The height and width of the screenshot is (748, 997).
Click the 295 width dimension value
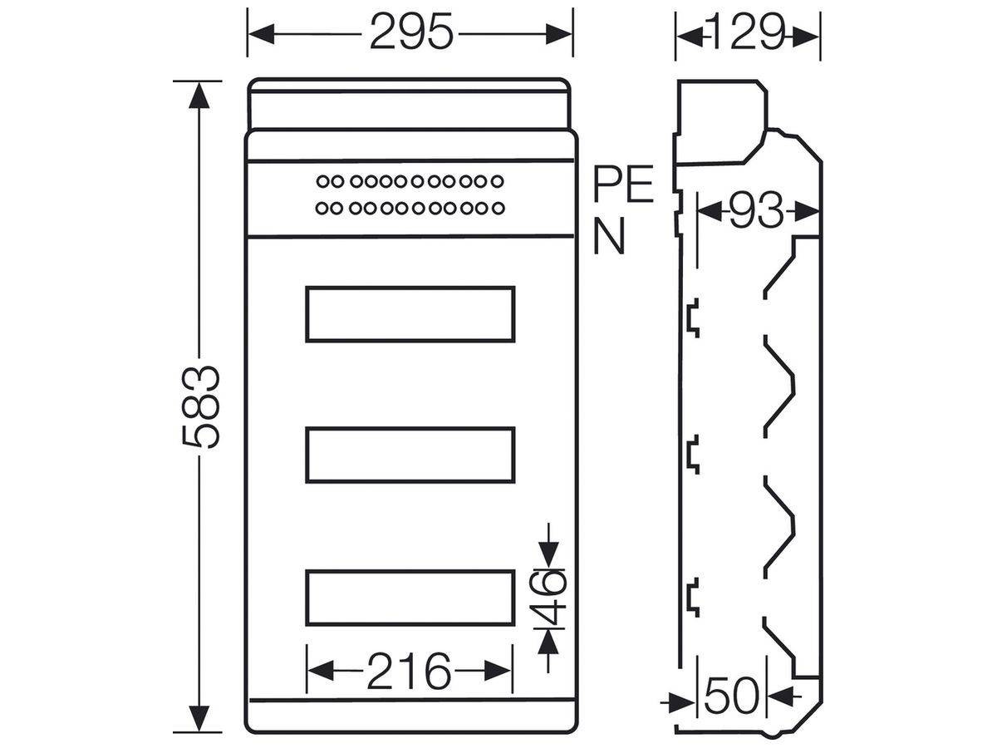pos(411,32)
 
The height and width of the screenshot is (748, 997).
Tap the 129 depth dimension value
pos(747,32)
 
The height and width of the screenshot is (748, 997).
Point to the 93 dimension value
pos(756,210)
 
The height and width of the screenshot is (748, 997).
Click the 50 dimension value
pos(731,707)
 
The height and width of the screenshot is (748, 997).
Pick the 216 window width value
pos(409,671)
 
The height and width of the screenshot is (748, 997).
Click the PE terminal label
pos(623,184)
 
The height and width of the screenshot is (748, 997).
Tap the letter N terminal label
pos(609,236)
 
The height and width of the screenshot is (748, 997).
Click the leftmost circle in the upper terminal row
pos(322,182)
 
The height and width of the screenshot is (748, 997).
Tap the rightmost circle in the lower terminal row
pos(498,209)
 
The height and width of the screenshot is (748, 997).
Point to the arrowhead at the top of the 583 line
pos(199,96)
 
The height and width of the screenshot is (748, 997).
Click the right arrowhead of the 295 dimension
pos(559,34)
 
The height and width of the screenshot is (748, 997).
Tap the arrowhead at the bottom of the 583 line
pos(199,719)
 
